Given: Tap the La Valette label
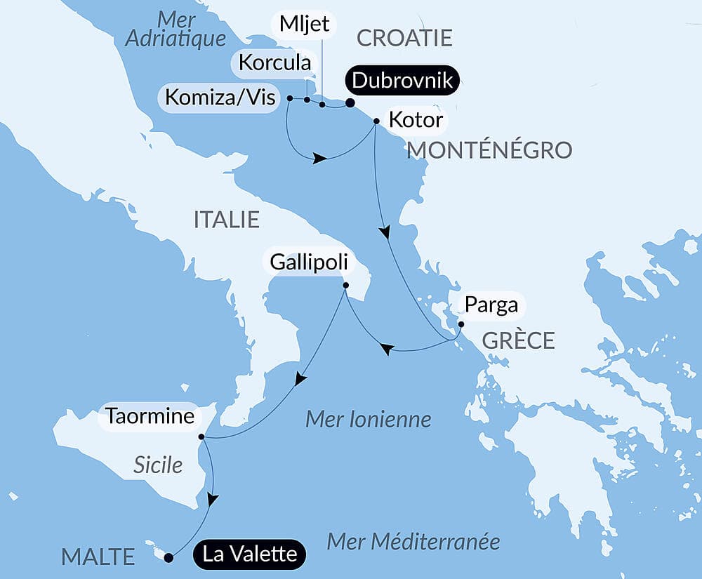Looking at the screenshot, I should [249, 554].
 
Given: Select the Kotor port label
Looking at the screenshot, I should [416, 120].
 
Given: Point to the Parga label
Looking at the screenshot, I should [491, 305].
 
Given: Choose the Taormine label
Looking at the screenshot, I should [150, 416].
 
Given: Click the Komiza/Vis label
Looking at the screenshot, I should [220, 97].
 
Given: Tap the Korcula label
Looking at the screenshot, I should [274, 62].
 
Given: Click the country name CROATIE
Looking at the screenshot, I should [404, 38].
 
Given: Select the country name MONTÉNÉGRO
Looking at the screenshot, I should [489, 149].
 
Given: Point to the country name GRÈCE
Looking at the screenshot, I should [519, 341].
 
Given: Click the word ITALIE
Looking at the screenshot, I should [226, 220].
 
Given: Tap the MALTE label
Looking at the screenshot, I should [98, 557].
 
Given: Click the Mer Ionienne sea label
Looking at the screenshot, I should [368, 420].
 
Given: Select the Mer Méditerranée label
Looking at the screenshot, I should [413, 542].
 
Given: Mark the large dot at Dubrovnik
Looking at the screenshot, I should [350, 104].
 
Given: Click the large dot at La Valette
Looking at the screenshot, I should [168, 558].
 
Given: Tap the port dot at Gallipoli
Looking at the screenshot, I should [345, 285].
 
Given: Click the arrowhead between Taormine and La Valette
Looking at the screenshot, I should [213, 499].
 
